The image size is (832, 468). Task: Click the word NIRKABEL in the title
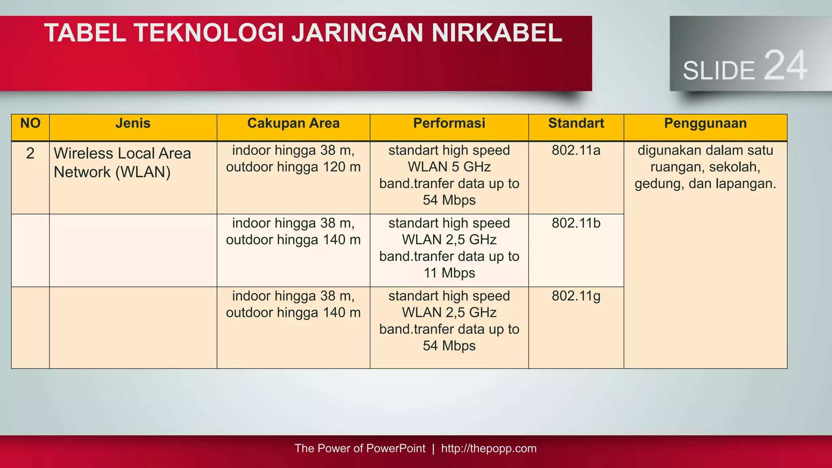(496, 33)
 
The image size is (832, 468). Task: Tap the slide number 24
(785, 66)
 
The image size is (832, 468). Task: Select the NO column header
(30, 123)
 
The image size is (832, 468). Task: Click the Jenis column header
(133, 123)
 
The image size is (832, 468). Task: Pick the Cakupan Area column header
(293, 123)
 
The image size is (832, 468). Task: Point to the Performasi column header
(449, 123)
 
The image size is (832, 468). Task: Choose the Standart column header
(576, 123)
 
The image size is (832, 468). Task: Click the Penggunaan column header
(705, 123)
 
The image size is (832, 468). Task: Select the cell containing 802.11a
(576, 151)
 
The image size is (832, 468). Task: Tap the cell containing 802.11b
(576, 223)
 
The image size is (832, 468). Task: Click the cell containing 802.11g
(576, 296)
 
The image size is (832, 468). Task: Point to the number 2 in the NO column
(30, 154)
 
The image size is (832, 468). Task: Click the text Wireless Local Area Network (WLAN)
(122, 162)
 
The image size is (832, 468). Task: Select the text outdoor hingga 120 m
(293, 167)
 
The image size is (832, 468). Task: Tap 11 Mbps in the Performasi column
(449, 273)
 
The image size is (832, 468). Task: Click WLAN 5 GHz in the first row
(449, 167)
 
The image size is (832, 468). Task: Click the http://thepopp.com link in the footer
(489, 448)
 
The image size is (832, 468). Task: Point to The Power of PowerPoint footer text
(360, 448)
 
